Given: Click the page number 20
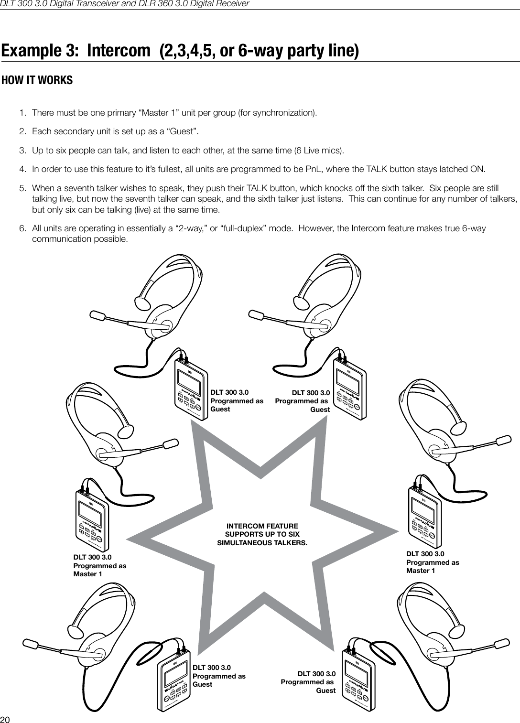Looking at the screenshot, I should (x=5, y=719).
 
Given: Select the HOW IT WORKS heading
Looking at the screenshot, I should (x=37, y=80).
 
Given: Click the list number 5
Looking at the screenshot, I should (x=22, y=188).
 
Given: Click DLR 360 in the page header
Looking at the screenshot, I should (x=168, y=4).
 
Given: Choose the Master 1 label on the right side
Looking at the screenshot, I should (x=421, y=571).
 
